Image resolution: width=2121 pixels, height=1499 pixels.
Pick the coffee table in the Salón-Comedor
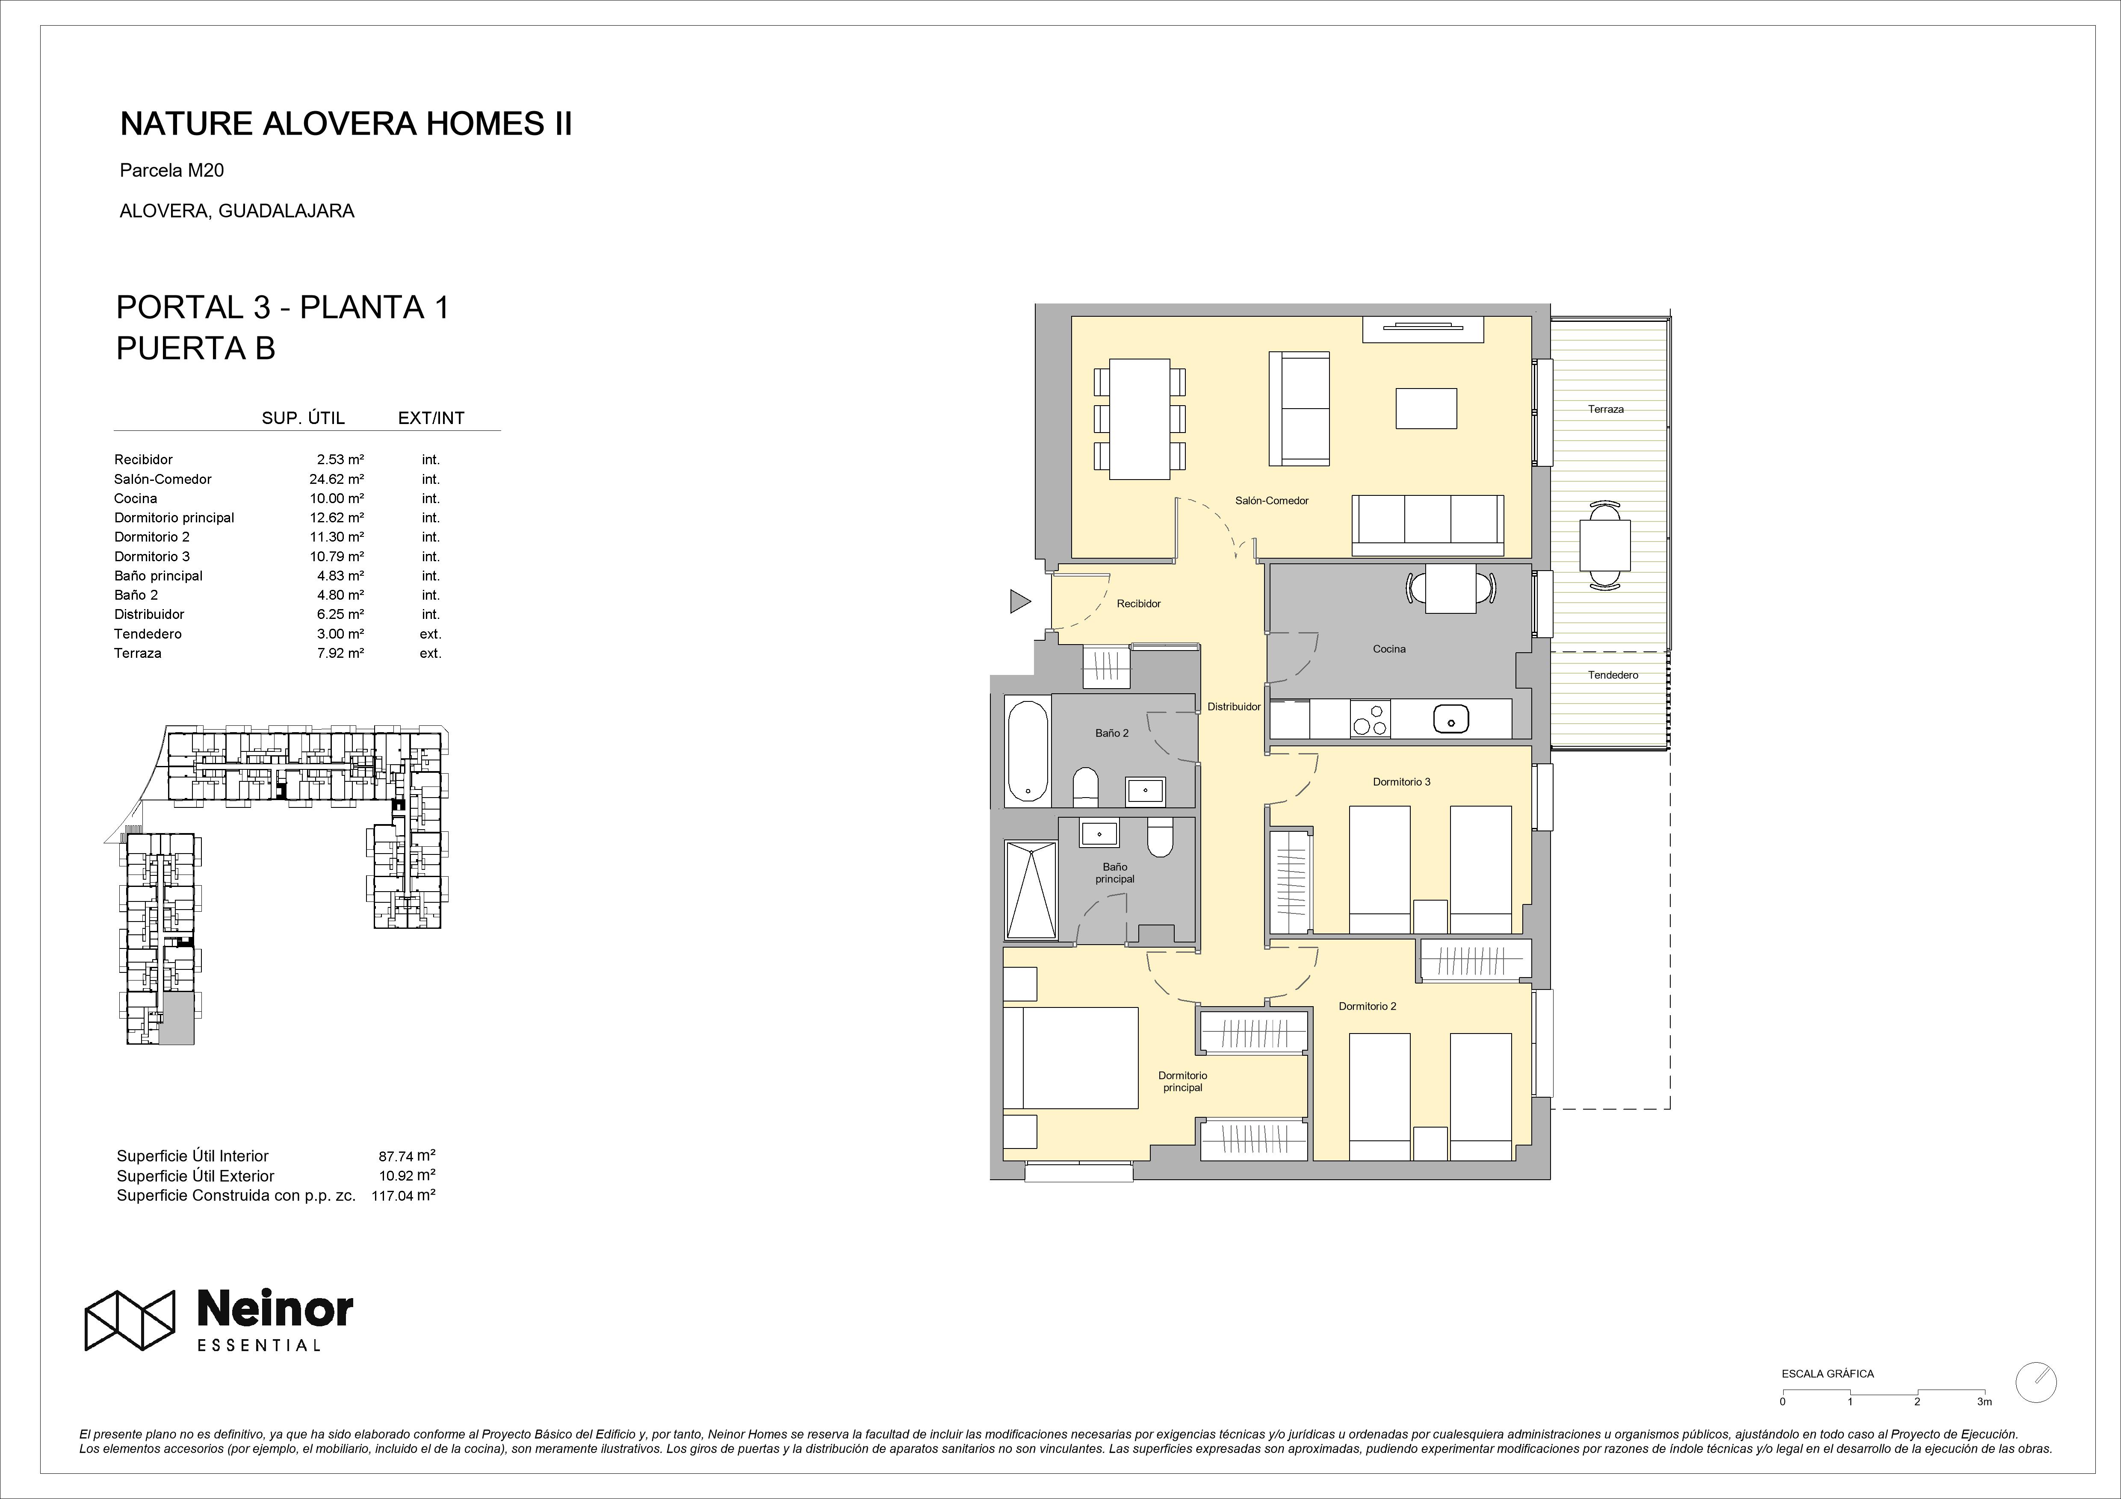[x=1426, y=408]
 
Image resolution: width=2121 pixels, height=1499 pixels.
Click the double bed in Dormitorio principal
[x=1071, y=1057]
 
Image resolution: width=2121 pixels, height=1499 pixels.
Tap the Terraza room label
[x=1606, y=409]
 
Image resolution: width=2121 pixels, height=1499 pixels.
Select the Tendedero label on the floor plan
[x=1613, y=675]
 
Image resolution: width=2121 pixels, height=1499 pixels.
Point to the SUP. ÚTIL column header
[x=303, y=418]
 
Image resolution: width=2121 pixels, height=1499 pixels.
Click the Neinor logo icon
[x=130, y=1320]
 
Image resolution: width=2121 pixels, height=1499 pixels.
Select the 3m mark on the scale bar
[x=1984, y=1427]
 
